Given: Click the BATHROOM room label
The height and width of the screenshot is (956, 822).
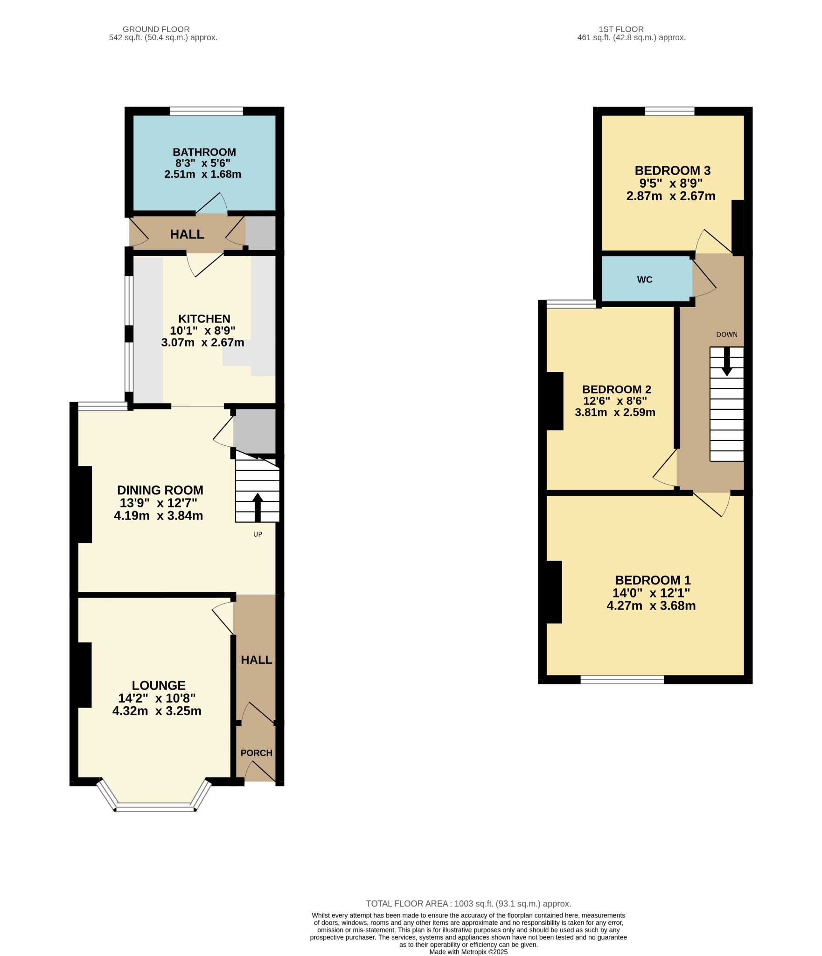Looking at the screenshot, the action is click(204, 152).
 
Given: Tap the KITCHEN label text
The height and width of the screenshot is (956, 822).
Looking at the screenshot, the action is click(204, 319).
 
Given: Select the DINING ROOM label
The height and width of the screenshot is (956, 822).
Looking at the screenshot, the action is click(160, 490).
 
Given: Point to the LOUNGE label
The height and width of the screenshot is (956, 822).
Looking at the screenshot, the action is click(159, 685).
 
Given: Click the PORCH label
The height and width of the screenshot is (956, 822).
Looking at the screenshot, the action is click(257, 753).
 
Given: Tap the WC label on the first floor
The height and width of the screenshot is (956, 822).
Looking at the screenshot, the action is click(645, 280).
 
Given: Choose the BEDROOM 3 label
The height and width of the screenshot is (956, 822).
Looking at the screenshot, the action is click(673, 171).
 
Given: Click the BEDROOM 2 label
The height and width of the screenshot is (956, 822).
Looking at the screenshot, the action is click(617, 389).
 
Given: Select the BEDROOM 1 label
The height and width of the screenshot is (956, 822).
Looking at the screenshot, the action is click(653, 580).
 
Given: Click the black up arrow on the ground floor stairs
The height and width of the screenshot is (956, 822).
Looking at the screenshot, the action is click(258, 507).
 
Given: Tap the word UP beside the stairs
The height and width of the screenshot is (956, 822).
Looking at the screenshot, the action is click(258, 534).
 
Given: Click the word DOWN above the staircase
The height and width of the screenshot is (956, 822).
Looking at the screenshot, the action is click(727, 334).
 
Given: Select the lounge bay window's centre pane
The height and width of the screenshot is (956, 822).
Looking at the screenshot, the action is click(155, 807).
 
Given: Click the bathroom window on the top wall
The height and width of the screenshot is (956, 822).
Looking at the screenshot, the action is click(206, 111).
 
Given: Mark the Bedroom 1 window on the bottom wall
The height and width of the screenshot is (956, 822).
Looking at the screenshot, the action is click(622, 680).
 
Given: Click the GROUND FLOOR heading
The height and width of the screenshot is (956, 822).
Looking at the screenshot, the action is click(156, 29).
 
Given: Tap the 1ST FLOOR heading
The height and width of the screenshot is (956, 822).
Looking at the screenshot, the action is click(621, 29).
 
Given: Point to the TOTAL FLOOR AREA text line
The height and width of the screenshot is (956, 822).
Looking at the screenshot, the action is click(468, 904).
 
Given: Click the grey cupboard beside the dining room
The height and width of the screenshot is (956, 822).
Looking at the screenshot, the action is click(254, 431).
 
